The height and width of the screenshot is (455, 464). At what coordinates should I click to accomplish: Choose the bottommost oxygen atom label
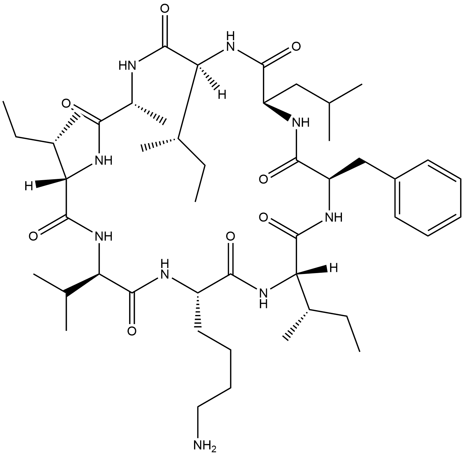[x=131, y=331]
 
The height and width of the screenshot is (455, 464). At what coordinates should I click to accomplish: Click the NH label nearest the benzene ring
[x=333, y=217]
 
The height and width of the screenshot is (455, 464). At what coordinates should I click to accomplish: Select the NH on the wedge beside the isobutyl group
[x=300, y=123]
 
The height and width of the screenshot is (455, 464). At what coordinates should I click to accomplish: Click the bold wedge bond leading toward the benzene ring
[x=344, y=169]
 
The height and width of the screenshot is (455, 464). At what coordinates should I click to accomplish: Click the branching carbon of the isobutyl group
[x=330, y=104]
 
